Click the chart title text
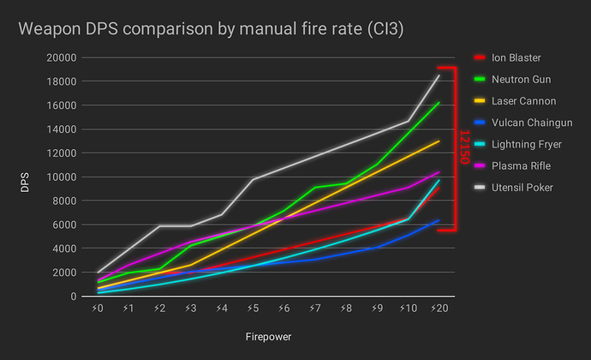211,30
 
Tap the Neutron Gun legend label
520,80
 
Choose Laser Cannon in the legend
522,101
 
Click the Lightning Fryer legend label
526,144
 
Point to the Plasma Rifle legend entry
521,165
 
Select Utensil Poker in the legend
522,187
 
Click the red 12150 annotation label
465,148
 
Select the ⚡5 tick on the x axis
252,308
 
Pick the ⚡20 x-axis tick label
439,308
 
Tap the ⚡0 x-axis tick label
98,308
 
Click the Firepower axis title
267,337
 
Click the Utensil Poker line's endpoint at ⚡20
439,75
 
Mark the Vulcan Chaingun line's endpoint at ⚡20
439,221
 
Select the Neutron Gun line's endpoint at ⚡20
439,103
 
